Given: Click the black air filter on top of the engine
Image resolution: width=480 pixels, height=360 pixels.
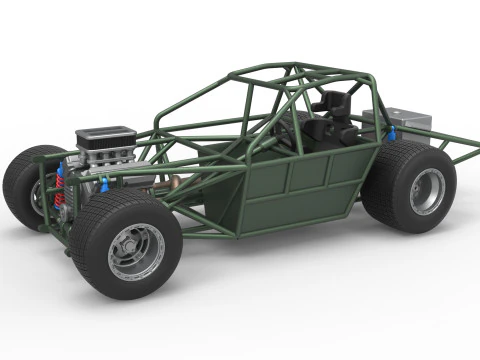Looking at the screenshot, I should coord(105,135).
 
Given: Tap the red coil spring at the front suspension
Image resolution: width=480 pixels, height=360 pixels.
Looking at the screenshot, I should coord(59,196).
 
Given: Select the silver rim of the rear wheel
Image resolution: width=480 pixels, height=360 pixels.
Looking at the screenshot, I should coord(427,191).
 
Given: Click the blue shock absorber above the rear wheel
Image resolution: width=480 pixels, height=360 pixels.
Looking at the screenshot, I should coord(390,133).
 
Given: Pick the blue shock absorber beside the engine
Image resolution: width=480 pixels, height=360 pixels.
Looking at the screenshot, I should coord(104,184).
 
